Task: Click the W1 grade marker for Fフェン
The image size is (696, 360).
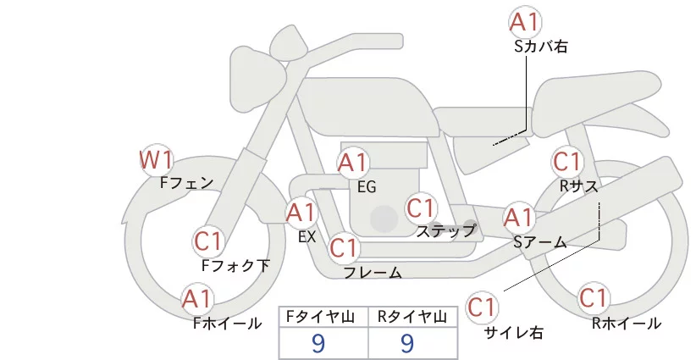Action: point(157,159)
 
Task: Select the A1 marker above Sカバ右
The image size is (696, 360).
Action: point(525,22)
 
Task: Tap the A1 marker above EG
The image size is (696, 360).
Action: point(353,162)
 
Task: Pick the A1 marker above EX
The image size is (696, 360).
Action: point(300,212)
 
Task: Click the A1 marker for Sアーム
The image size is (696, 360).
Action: point(518,218)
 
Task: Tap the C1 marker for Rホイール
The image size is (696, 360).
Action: point(594,298)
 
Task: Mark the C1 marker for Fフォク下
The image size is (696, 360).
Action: point(208,241)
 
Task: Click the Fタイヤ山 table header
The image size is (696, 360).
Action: point(323,316)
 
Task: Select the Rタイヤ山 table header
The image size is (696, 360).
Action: point(412,316)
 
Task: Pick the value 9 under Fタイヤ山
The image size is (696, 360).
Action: point(318,342)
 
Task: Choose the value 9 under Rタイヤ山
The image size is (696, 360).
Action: point(407,342)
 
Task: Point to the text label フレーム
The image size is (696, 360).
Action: point(373,272)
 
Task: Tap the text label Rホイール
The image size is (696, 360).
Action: point(627,323)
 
